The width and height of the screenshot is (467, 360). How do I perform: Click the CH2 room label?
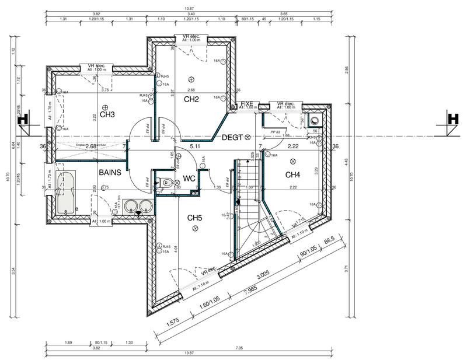click(192, 99)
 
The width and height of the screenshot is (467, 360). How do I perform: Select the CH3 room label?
click(107, 114)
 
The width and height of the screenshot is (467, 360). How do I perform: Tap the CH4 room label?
click(293, 174)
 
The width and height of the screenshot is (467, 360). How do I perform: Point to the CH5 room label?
click(194, 218)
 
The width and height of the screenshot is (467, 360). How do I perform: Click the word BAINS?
click(109, 173)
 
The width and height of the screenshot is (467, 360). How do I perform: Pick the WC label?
click(189, 178)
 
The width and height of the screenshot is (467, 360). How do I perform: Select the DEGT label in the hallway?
click(233, 137)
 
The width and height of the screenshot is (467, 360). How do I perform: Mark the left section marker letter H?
click(23, 118)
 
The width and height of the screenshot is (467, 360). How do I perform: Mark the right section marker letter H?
click(452, 118)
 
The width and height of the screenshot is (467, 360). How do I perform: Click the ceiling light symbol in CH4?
click(293, 160)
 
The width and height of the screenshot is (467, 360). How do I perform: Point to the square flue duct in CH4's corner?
click(315, 121)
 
